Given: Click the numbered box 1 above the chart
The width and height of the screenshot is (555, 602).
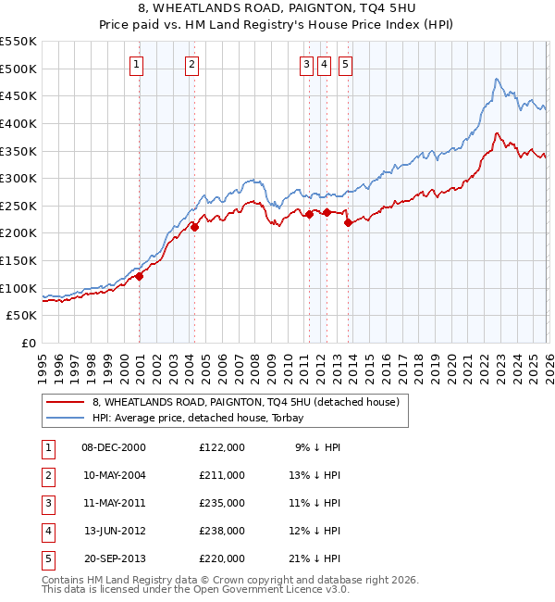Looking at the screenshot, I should point(137,64).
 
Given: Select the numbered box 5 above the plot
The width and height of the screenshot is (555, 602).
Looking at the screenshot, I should point(344,64).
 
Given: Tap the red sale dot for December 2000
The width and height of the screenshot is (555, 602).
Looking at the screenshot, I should point(140,275).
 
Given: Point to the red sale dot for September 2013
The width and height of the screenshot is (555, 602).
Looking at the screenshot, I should point(348,222).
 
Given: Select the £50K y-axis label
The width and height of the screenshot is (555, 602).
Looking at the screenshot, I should point(22,316).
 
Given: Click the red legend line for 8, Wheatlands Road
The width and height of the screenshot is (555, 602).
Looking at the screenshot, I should point(64,403).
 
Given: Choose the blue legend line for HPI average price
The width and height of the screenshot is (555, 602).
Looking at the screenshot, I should point(64,418).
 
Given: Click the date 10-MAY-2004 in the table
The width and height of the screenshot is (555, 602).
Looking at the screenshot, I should point(114,475).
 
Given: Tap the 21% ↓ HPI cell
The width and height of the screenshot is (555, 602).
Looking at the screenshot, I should point(314,558).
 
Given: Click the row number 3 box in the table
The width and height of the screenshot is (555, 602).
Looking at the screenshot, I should point(46,503).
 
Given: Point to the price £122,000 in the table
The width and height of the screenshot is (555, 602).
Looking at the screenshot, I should point(222,447).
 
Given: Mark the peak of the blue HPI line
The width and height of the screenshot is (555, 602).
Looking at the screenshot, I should point(497,80).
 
